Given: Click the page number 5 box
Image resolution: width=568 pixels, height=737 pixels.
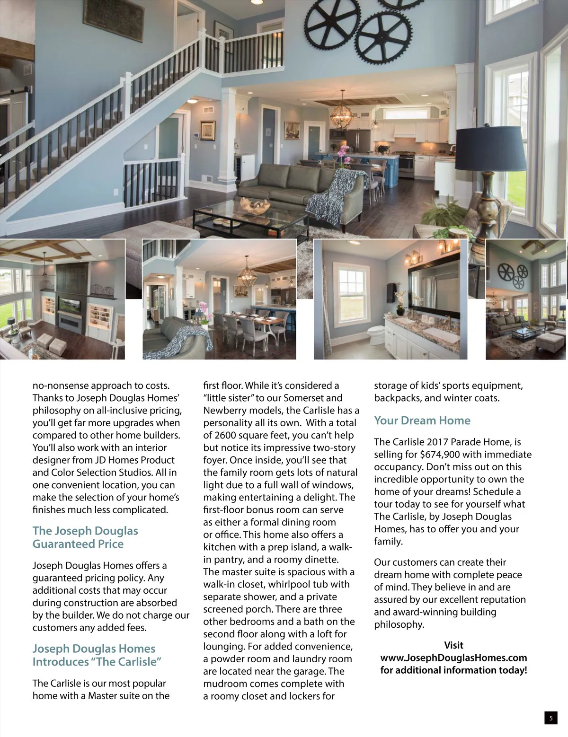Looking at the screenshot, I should tap(550, 718).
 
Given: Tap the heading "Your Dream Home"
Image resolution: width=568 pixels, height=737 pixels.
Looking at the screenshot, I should tap(422, 421).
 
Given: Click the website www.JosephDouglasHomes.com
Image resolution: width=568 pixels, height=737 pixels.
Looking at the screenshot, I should tap(453, 658).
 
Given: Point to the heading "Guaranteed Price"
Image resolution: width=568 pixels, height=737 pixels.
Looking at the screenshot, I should tap(78, 544).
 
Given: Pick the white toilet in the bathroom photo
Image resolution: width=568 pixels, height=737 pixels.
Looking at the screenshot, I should tap(377, 333).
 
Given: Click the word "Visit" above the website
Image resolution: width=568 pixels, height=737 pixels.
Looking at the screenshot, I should tap(453, 645).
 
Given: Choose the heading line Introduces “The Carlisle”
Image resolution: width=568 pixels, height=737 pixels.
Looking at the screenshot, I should tap(97, 662).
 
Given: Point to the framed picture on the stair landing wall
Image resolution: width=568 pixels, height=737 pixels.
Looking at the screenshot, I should tap(207, 130).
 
